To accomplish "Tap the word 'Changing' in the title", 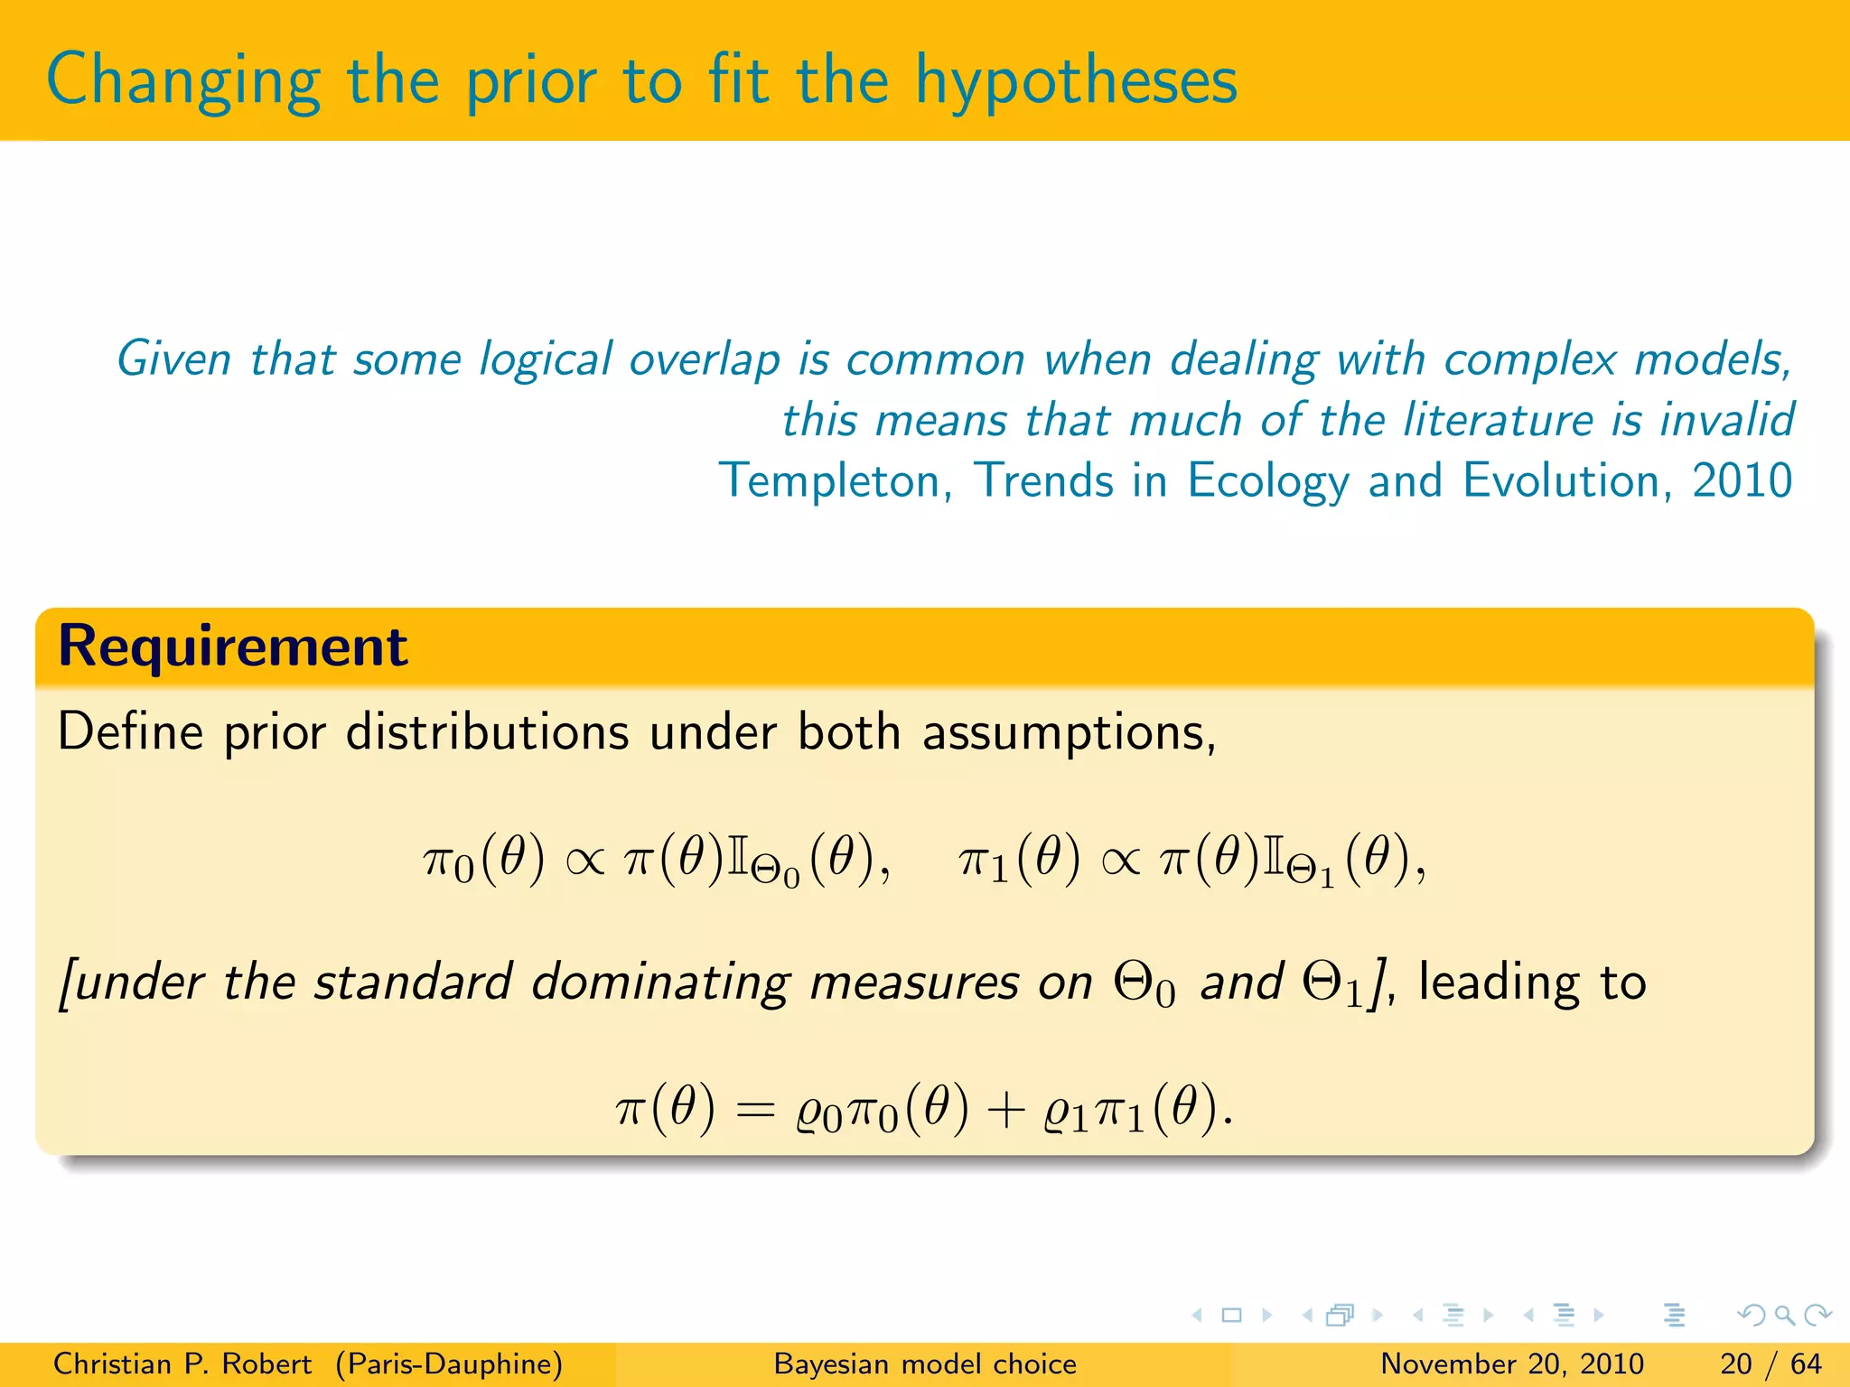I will point(183,81).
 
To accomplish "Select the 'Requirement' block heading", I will point(232,647).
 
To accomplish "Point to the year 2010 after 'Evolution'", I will point(1742,480).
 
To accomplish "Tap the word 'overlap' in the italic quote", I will point(705,359).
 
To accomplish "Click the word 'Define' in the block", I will point(130,731).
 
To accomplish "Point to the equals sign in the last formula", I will point(755,1110).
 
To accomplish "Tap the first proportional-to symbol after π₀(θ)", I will point(584,860).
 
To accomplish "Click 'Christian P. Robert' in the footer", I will point(182,1364).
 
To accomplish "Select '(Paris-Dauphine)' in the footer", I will point(449,1364).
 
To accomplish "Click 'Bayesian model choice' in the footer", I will point(925,1364).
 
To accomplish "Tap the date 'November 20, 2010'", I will point(1511,1364).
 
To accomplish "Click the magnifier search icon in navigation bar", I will point(1784,1315).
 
